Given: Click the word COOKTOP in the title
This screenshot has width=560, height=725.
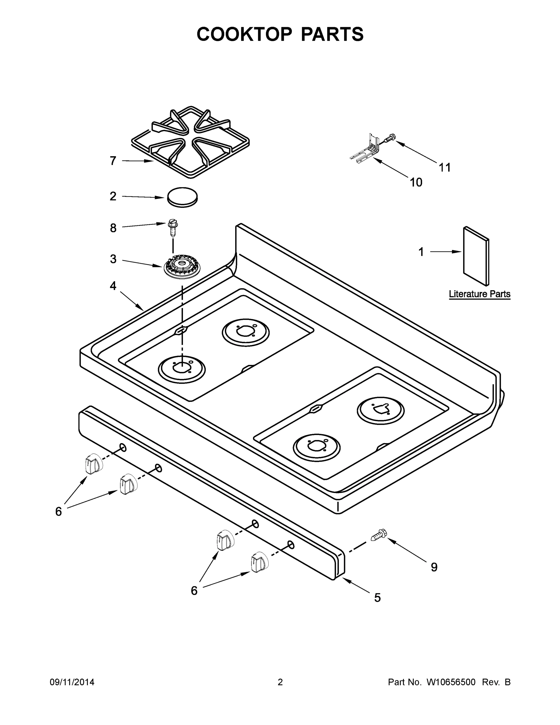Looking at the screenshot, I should (x=245, y=34).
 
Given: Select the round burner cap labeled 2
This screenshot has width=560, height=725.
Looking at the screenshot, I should (x=182, y=197).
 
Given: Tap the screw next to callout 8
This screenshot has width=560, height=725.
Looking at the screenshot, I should (x=172, y=227).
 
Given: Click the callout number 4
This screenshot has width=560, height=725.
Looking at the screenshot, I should (x=113, y=286).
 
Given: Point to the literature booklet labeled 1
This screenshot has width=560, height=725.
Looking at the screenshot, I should (x=476, y=256).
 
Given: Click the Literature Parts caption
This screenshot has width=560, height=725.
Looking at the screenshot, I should (x=479, y=294).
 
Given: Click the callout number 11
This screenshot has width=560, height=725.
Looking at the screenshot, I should (x=445, y=168).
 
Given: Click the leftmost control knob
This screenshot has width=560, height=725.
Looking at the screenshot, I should (x=93, y=463).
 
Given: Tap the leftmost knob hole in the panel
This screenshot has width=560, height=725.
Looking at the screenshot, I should (x=123, y=447).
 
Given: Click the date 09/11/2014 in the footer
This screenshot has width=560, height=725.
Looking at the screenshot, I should (x=72, y=682).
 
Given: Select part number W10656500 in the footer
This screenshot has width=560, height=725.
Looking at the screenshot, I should (x=450, y=682).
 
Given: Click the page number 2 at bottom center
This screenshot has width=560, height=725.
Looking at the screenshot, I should (x=280, y=682).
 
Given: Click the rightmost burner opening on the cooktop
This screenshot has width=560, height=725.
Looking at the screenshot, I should (x=380, y=411).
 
